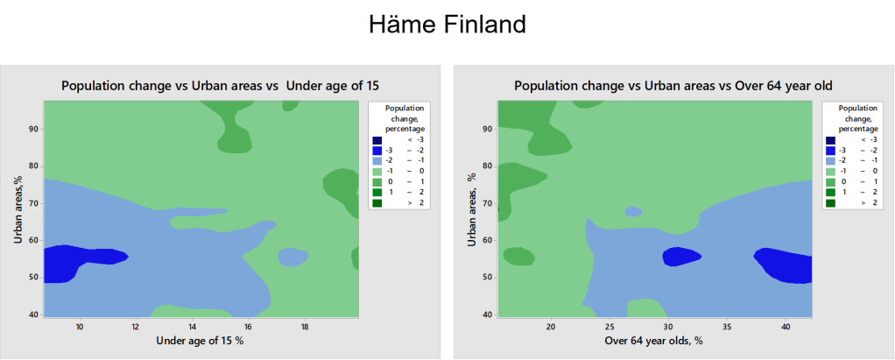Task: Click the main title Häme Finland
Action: (447, 24)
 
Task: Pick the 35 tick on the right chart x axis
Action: (727, 327)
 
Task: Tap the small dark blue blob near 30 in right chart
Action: (681, 257)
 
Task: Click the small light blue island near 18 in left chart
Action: (292, 257)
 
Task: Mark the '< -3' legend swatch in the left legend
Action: (377, 140)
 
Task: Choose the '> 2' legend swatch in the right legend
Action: (831, 202)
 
